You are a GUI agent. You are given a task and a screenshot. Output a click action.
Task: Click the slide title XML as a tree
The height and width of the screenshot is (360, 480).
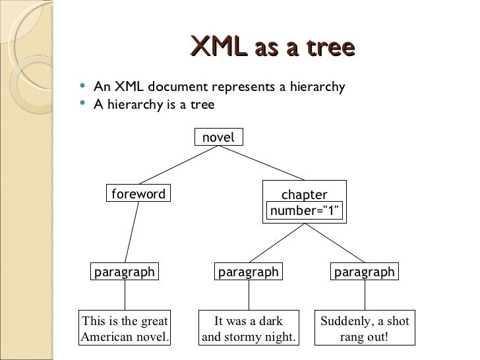[x=272, y=47]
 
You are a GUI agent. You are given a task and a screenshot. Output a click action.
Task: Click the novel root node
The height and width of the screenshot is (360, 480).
[x=218, y=137]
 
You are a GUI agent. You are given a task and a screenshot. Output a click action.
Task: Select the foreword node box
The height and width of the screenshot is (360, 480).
[x=138, y=194]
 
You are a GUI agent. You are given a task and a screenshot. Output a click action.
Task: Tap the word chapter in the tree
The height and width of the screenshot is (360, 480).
[x=304, y=195]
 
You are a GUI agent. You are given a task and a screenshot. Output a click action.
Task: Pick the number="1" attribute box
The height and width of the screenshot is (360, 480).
[x=305, y=211]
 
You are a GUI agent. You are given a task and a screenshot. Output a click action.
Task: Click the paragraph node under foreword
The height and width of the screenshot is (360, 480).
[x=125, y=272]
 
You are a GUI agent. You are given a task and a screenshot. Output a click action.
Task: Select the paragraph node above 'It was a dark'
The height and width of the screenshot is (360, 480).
[x=249, y=272]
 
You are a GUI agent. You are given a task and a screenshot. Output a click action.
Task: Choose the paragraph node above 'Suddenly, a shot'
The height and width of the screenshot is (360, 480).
[x=364, y=272]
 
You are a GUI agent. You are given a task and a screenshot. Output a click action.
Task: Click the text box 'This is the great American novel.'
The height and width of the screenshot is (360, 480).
[x=125, y=329]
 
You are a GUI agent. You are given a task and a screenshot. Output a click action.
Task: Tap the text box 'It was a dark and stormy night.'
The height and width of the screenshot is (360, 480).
[x=249, y=329]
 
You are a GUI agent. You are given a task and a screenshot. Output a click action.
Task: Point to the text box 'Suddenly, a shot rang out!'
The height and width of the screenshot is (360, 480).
[x=365, y=329]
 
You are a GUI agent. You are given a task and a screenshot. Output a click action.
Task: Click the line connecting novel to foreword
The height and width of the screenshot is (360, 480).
[x=178, y=165]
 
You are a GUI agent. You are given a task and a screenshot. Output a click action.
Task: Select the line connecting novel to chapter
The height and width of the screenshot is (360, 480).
[x=261, y=163]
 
